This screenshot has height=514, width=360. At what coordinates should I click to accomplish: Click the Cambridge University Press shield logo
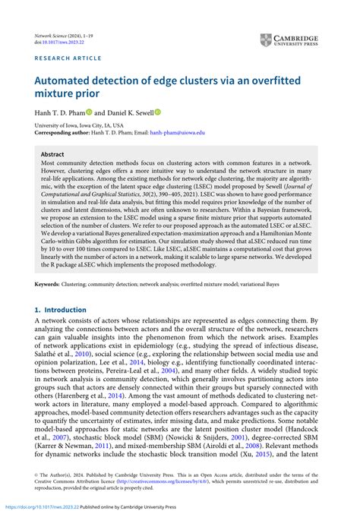pyautogui.click(x=265, y=40)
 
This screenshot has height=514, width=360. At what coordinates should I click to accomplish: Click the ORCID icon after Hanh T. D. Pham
pyautogui.click(x=88, y=112)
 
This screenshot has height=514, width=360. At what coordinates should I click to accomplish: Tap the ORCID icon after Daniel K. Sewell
pyautogui.click(x=159, y=112)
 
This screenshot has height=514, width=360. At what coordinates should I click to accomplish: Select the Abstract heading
pyautogui.click(x=52, y=153)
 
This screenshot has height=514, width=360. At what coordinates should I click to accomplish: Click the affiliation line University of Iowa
pyautogui.click(x=74, y=125)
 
